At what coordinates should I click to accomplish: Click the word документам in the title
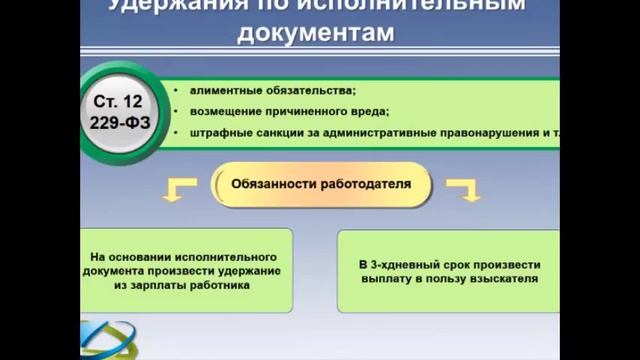click(x=318, y=34)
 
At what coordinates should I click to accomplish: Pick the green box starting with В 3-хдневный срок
click(x=448, y=271)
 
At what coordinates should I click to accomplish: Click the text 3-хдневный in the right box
click(x=407, y=264)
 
